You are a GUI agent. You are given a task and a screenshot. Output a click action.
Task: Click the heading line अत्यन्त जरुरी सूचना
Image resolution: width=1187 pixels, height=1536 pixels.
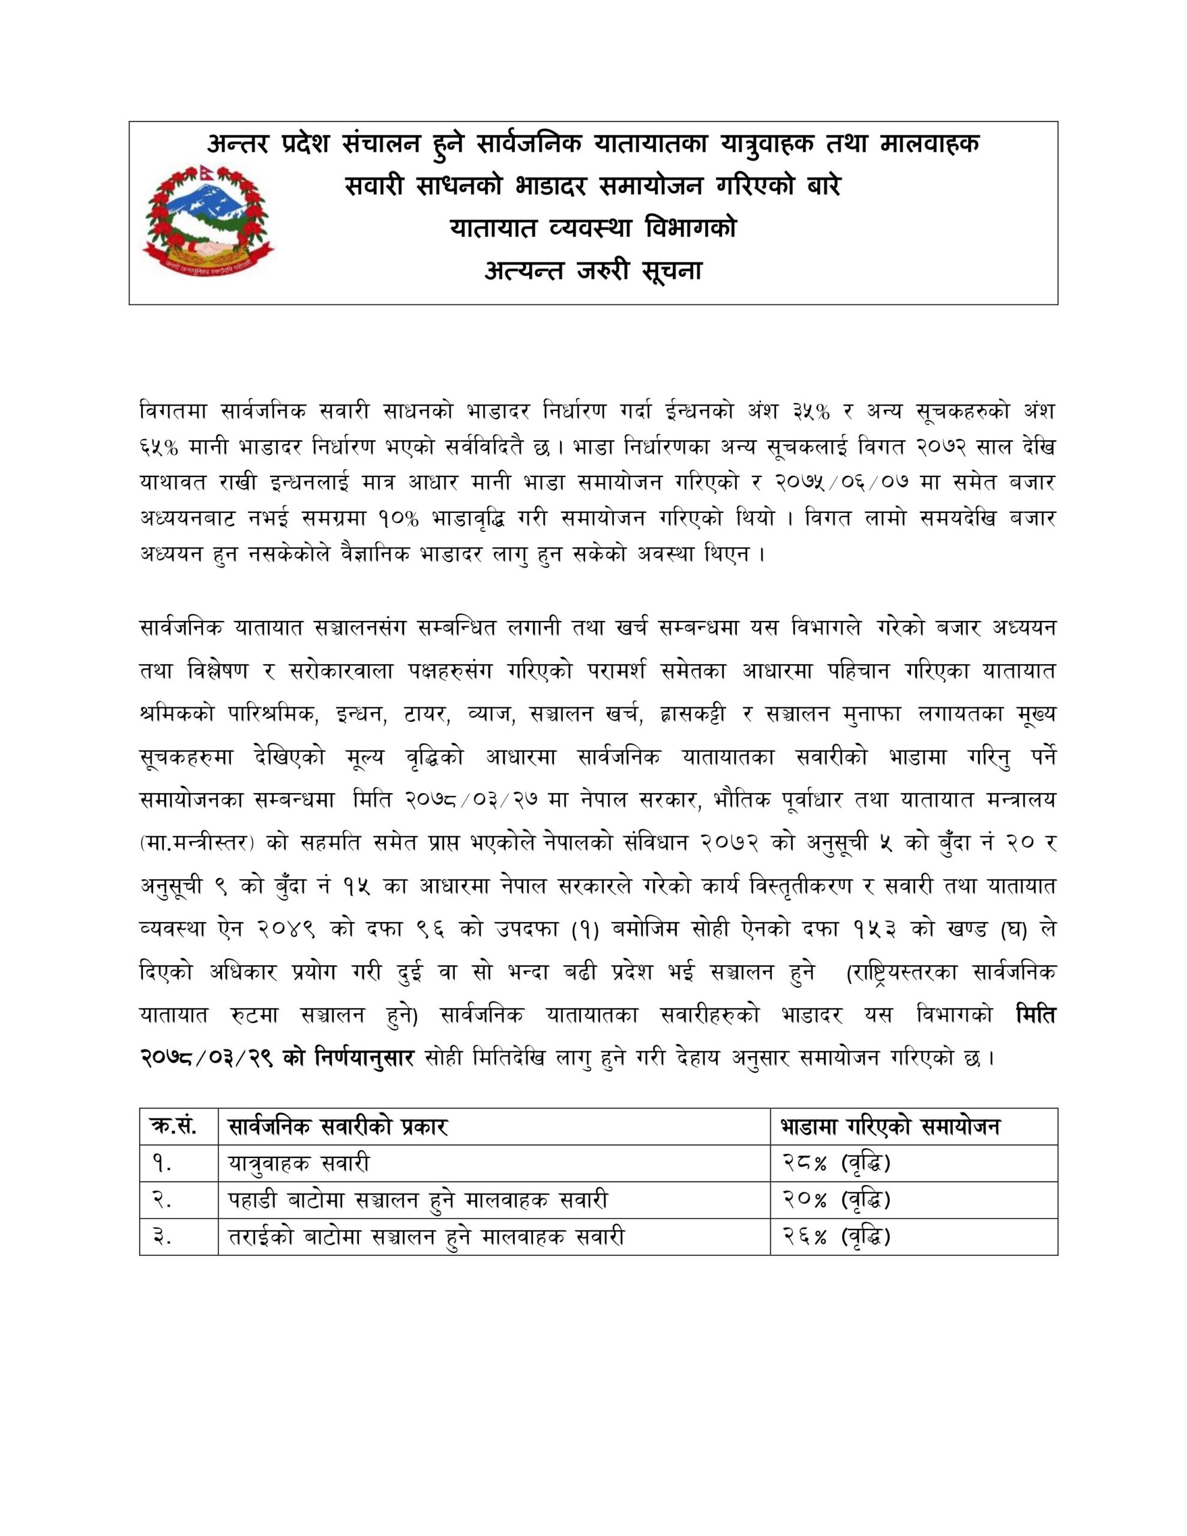pyautogui.click(x=593, y=271)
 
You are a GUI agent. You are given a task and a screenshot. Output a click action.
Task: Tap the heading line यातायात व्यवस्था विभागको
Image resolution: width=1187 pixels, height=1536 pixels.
pyautogui.click(x=593, y=228)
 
